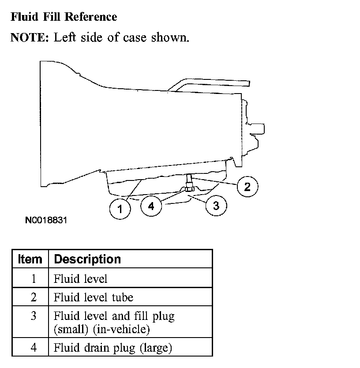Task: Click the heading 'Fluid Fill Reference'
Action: [x=64, y=17]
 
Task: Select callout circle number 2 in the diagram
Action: [x=247, y=186]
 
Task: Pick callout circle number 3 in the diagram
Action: [x=216, y=206]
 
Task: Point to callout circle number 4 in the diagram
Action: [x=151, y=206]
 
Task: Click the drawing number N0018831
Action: [x=45, y=219]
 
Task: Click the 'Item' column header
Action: [x=30, y=259]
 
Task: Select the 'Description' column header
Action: [x=87, y=259]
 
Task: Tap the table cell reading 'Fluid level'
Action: [x=80, y=279]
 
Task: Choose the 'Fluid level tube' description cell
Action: [x=93, y=297]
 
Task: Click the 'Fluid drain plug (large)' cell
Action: [x=112, y=348]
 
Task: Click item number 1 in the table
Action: [x=34, y=279]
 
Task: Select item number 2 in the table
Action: [x=34, y=297]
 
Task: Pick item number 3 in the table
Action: [x=34, y=316]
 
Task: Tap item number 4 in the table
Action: [x=34, y=348]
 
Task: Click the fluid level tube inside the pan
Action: [x=189, y=180]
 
